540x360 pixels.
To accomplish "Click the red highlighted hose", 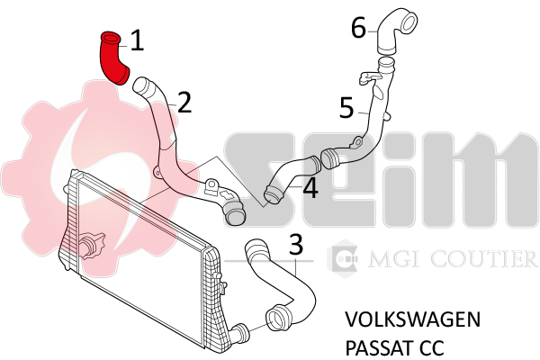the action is [113, 58].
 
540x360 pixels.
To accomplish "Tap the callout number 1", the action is [137, 40].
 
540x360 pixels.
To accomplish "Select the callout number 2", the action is [184, 103].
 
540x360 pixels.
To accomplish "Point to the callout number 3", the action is [296, 245].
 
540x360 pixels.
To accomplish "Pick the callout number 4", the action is [310, 188].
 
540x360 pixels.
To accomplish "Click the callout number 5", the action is [346, 108].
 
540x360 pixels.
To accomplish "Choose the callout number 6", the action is [358, 28].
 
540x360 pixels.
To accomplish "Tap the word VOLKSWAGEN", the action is [412, 319].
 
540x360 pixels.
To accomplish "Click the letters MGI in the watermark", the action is [396, 258].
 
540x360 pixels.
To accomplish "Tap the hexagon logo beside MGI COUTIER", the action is [342, 258].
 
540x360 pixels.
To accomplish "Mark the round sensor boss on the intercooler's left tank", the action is [90, 246].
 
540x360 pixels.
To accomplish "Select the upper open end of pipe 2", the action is [140, 85].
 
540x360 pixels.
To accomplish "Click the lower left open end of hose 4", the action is [273, 194].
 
